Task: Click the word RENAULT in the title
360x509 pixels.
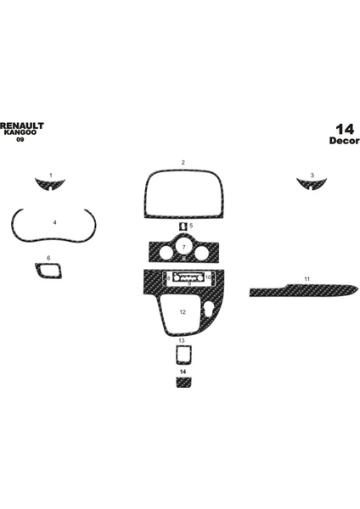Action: coord(22,126)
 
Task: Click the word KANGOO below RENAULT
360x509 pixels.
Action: coord(20,132)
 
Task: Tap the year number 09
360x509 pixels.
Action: coord(20,140)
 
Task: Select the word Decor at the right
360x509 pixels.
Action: coord(344,141)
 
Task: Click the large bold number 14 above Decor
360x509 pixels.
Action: coord(345,129)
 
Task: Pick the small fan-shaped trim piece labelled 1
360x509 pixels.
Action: coord(50,184)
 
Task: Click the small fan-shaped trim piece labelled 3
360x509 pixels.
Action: coord(312,184)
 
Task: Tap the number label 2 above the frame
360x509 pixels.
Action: coord(183,162)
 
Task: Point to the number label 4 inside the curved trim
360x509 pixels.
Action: coord(54,222)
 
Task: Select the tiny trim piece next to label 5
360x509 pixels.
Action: coord(183,226)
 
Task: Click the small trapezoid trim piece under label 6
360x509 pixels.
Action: coord(48,271)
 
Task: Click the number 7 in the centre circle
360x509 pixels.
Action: coord(184,248)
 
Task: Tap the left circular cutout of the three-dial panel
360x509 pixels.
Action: coord(166,253)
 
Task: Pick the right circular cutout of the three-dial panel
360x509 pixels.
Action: coord(201,253)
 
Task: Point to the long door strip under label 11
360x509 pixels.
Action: coord(304,290)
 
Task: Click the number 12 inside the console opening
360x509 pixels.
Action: coord(183,312)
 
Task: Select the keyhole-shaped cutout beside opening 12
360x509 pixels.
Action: coord(210,309)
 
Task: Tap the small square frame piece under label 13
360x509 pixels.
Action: coord(184,355)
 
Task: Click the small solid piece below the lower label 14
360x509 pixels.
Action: coord(184,382)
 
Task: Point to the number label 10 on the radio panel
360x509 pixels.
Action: coord(208,277)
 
